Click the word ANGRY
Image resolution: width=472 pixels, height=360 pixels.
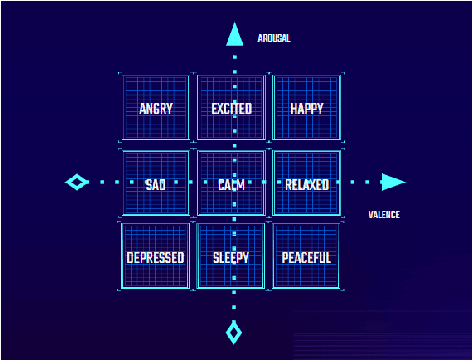[x=155, y=108]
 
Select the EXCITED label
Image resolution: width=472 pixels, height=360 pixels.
[x=232, y=108]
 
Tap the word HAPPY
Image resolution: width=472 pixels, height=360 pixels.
[x=307, y=108]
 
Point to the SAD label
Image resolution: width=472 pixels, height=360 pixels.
[x=155, y=184]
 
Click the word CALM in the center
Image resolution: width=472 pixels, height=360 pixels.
[x=232, y=184]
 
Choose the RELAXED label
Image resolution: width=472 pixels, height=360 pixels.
[x=307, y=184]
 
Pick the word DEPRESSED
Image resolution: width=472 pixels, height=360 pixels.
[x=155, y=257]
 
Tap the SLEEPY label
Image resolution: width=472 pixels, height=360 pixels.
[x=231, y=257]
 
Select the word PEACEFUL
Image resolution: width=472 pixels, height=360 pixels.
[x=306, y=257]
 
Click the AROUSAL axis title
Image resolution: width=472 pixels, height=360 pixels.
[x=273, y=38]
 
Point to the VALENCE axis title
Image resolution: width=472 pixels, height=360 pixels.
[x=384, y=214]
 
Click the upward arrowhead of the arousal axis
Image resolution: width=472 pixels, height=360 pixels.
[x=234, y=36]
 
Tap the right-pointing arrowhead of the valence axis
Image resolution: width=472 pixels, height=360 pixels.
[x=393, y=182]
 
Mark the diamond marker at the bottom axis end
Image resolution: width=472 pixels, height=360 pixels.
[x=234, y=331]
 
